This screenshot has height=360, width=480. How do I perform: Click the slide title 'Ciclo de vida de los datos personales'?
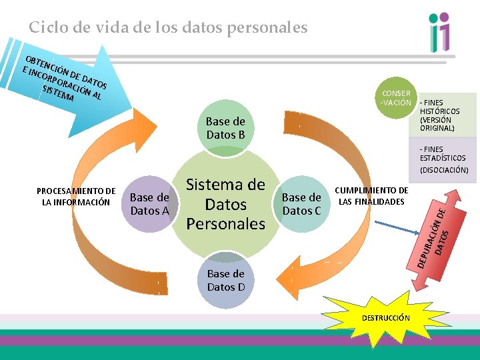[168, 27]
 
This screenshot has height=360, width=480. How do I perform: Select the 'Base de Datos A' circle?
[149, 204]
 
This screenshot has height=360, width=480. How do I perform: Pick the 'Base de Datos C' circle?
[301, 204]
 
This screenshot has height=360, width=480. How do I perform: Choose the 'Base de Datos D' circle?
[225, 280]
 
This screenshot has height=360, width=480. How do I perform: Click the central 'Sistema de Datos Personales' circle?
[225, 204]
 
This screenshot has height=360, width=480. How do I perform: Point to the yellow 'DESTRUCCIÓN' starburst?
[385, 318]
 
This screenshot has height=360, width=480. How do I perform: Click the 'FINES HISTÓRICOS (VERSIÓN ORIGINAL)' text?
[439, 115]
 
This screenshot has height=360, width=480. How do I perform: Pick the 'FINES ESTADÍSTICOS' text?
[442, 153]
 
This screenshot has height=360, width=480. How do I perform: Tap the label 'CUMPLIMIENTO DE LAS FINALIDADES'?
[371, 196]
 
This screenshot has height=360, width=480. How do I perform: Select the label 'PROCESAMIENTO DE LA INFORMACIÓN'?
[76, 197]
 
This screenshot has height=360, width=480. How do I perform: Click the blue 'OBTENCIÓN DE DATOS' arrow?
[67, 87]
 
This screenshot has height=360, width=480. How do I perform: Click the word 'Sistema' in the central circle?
[225, 185]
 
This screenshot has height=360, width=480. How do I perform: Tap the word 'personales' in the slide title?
[274, 28]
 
